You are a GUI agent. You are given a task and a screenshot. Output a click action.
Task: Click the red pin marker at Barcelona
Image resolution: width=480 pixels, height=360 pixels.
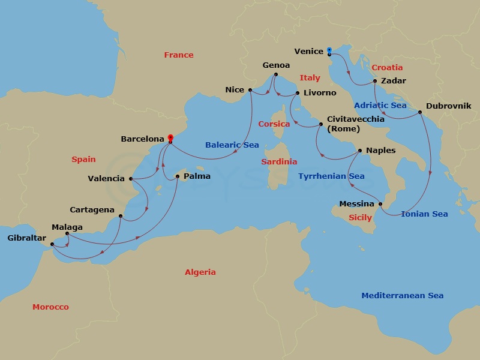[170, 137]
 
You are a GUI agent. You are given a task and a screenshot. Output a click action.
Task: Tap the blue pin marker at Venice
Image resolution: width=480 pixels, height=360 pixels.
[329, 50]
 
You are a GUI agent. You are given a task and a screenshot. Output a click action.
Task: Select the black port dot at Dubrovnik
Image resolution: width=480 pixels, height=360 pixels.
[420, 112]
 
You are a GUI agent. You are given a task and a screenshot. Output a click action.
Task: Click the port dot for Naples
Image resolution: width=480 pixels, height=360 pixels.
[359, 151]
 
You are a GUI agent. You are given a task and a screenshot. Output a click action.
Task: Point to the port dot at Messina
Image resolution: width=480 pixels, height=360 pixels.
[381, 204]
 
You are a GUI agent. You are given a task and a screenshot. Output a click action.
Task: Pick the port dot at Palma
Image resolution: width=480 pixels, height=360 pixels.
[177, 176]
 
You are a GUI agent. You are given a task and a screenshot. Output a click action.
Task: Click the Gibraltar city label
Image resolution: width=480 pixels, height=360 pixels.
[26, 238]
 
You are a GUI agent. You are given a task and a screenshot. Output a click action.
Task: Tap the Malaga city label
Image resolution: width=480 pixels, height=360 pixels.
[67, 227]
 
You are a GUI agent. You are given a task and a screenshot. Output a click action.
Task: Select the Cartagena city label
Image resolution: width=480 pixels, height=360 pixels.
[92, 210]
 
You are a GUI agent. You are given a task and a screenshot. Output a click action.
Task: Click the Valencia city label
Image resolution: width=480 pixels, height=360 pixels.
[106, 178]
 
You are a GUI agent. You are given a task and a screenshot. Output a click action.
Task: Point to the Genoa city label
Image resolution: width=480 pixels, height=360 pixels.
[276, 65]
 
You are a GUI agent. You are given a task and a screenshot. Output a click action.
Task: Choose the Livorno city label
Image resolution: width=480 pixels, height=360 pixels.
[320, 94]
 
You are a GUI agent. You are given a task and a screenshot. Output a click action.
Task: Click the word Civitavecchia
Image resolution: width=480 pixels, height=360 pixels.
[356, 119]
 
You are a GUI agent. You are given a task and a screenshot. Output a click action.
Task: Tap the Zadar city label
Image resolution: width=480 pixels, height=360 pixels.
[394, 81]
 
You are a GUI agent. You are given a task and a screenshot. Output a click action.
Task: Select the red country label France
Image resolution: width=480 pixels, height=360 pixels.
[179, 55]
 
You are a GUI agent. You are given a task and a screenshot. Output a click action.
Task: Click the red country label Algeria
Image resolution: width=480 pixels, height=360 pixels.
[200, 272]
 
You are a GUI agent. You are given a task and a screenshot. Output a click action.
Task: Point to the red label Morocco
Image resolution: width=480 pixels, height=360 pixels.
[50, 307]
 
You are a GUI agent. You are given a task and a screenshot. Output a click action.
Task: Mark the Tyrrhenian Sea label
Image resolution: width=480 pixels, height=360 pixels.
[331, 176]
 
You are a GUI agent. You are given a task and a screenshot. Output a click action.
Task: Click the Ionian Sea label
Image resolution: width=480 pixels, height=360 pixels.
[424, 214]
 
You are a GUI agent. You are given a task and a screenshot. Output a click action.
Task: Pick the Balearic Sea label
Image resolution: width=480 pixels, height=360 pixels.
[232, 145]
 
